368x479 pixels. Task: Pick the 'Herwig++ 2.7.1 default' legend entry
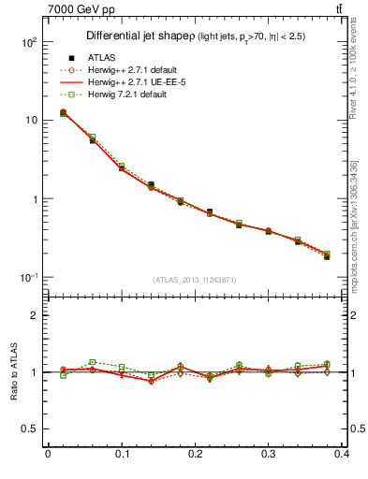134,70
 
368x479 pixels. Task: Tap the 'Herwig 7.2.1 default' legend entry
127,94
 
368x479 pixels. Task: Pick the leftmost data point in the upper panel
63,112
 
